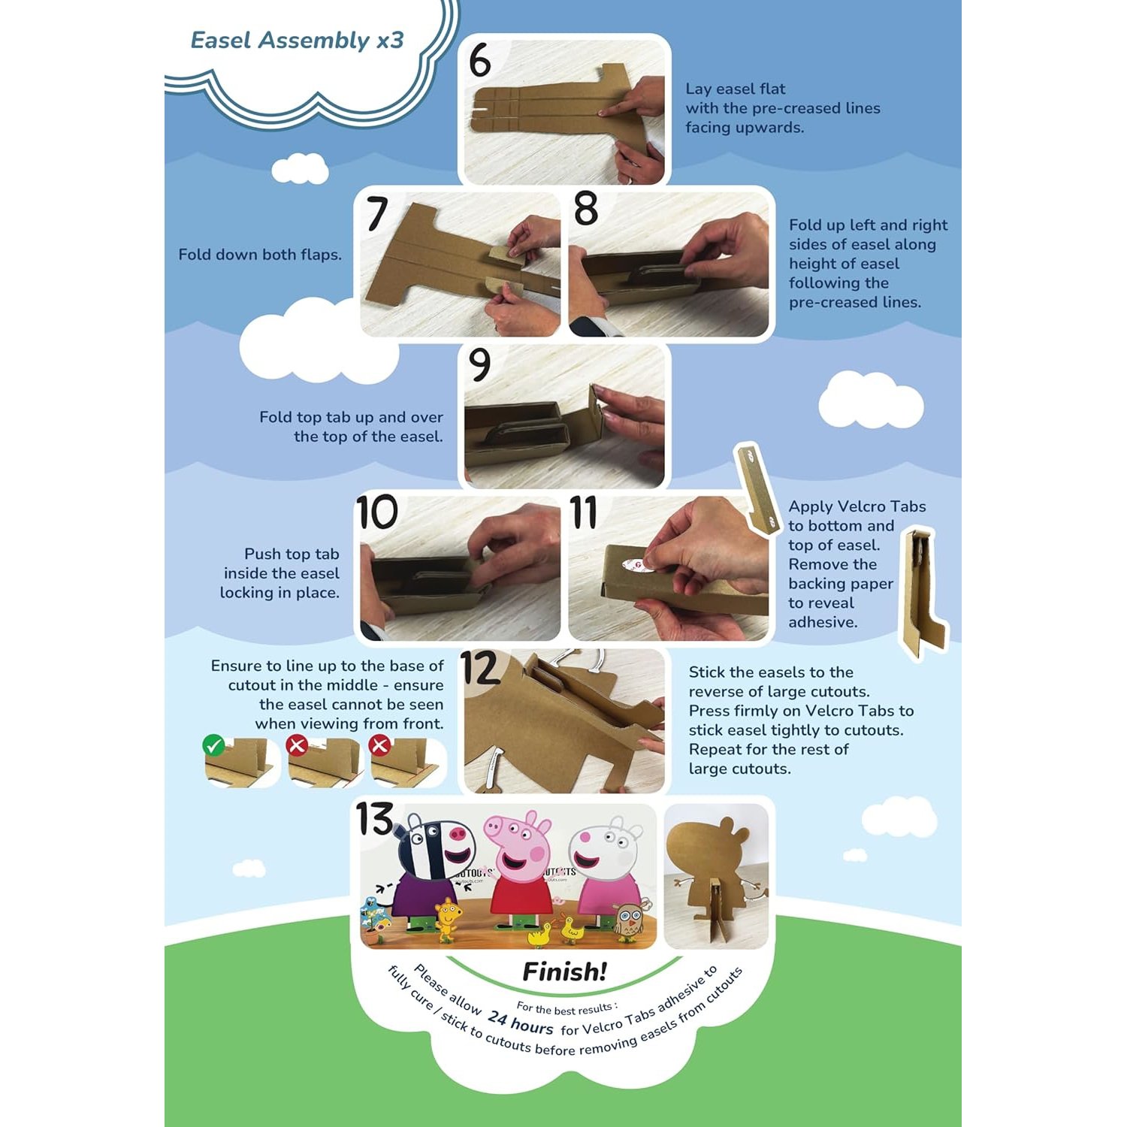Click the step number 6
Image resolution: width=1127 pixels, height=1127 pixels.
coord(479,60)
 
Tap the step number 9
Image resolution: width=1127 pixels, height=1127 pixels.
coord(479,364)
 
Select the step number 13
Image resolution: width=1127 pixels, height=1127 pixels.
coord(374,819)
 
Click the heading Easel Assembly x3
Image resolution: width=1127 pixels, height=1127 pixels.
coord(297,40)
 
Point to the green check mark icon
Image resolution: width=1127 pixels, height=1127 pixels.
coord(213,745)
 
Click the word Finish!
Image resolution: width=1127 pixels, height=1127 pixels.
coord(564,971)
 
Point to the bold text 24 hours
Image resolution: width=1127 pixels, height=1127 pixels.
coord(520,1023)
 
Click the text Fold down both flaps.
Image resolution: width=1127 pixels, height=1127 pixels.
coord(260,255)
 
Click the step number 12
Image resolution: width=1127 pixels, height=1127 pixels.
coord(479,668)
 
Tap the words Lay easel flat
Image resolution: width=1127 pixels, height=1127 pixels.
coord(736,89)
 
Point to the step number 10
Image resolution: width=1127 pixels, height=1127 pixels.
coord(377,512)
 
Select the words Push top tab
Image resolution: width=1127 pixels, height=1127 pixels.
coord(292,554)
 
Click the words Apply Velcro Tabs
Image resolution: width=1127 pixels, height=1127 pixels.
coord(857,506)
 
